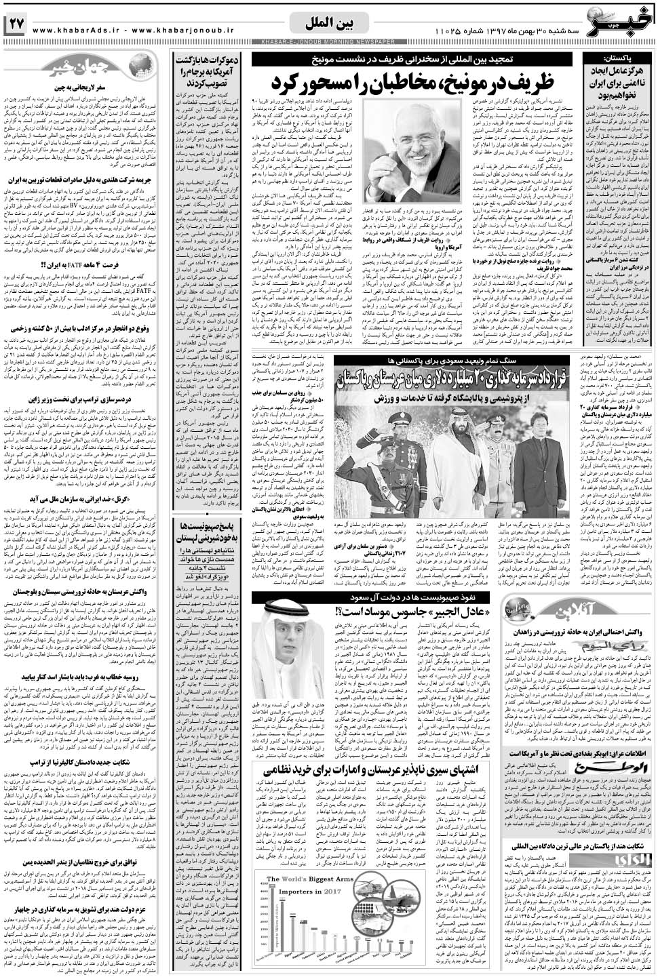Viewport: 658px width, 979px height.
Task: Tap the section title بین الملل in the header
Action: pos(328,24)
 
